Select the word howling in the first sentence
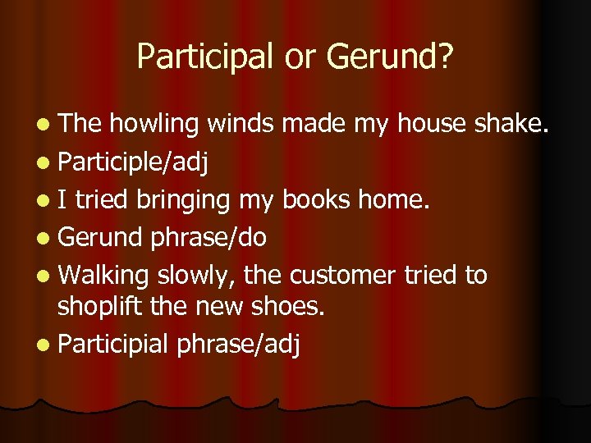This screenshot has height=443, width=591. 154,124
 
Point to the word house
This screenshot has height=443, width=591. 433,124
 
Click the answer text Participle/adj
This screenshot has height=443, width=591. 133,162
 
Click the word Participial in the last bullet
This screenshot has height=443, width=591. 114,344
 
